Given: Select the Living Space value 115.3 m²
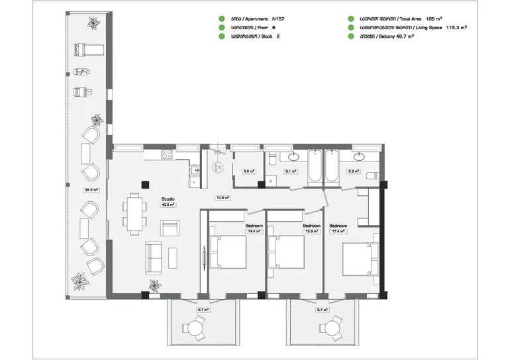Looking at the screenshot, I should [453, 28].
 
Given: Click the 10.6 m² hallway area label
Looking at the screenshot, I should [223, 197].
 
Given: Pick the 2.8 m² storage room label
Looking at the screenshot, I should [248, 171].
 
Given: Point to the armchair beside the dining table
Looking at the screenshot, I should [170, 228].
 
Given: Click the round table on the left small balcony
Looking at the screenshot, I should [194, 326].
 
